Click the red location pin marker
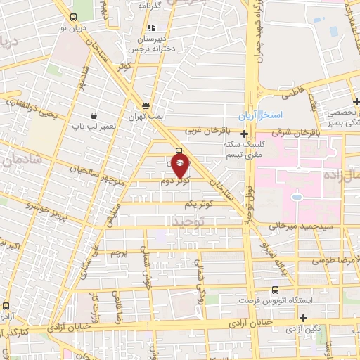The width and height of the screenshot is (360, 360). pos(180,166)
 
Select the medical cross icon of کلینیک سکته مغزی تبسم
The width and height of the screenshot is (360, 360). pos(244,134)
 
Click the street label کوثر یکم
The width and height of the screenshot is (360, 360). pos(198,204)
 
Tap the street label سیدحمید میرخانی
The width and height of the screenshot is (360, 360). pos(297,227)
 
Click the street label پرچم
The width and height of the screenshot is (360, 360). pos(120,251)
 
